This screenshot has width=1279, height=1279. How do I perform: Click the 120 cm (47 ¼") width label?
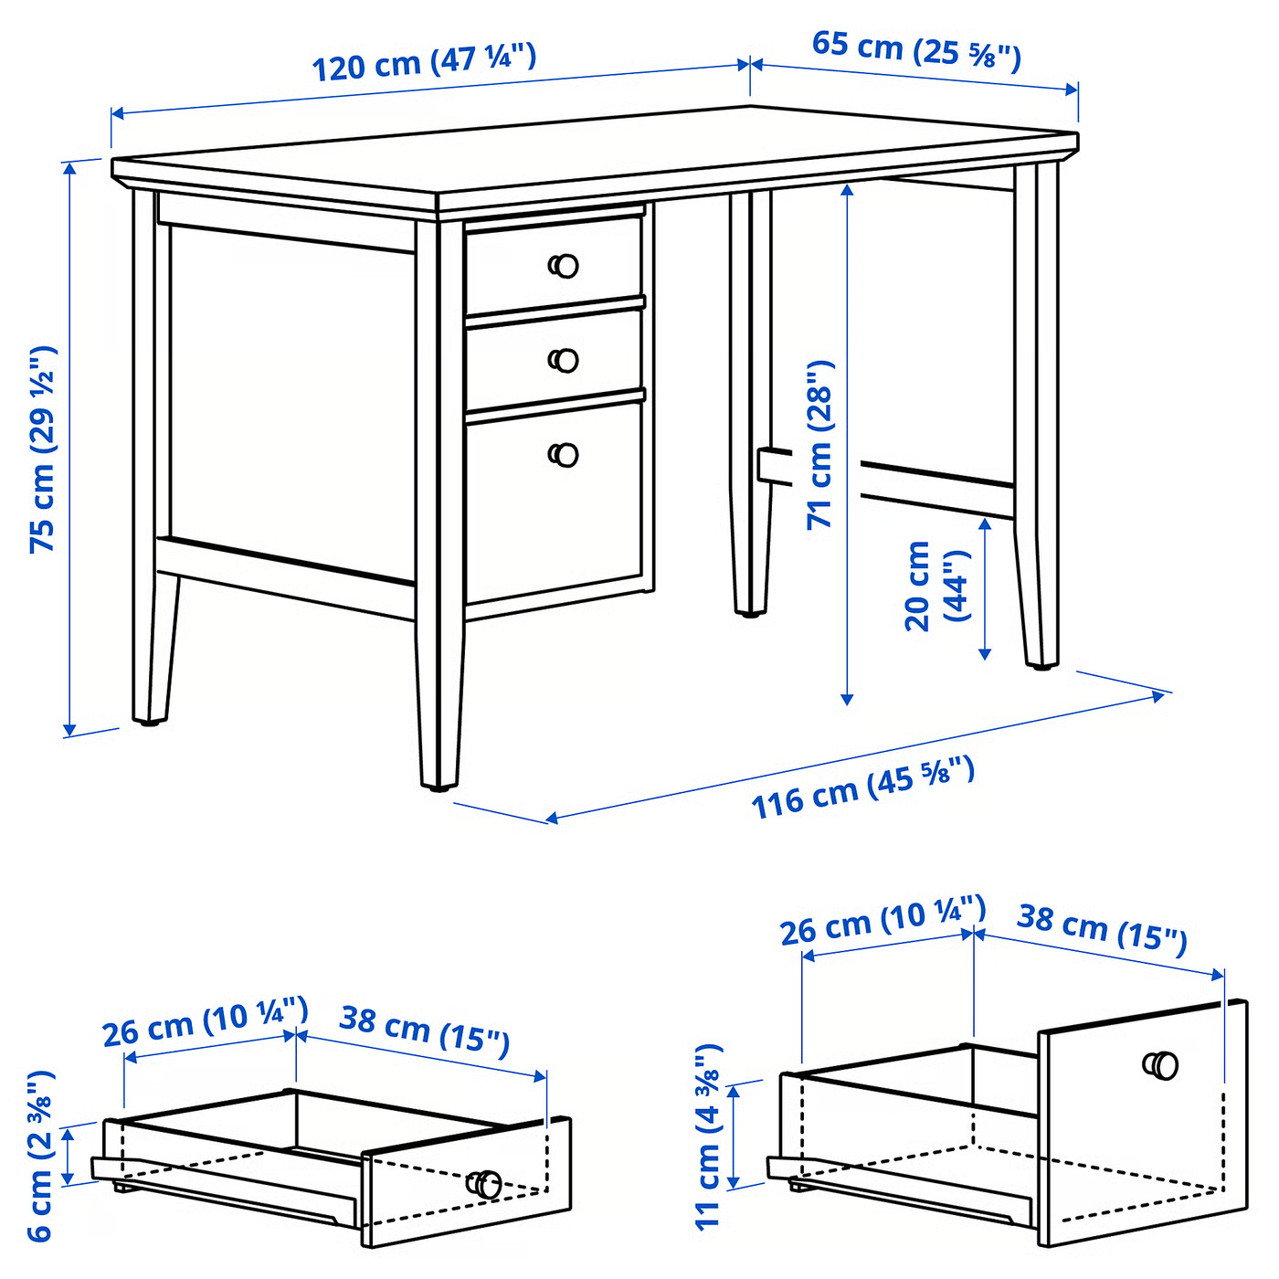[x=424, y=62]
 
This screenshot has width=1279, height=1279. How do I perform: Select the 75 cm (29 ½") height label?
[x=44, y=449]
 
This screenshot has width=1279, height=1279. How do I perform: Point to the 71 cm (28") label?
[x=819, y=445]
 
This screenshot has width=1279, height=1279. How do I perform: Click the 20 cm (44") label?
[x=936, y=585]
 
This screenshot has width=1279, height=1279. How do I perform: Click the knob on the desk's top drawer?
[x=564, y=266]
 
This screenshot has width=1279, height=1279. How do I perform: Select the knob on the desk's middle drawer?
[x=564, y=360]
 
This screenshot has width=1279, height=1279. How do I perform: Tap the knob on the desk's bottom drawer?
[x=564, y=455]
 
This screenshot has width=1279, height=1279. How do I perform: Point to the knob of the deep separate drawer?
[x=1160, y=1065]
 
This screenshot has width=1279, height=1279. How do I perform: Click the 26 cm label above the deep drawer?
[x=883, y=920]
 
